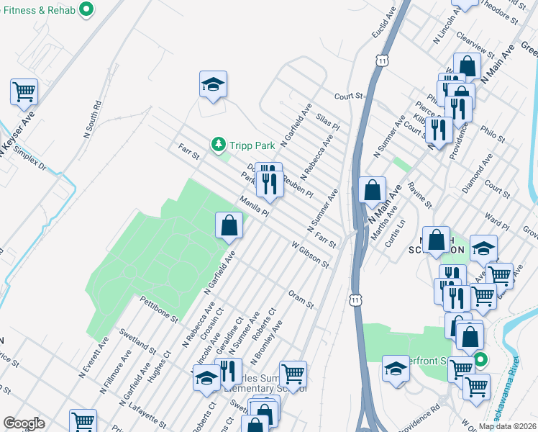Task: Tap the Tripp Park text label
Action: coord(249,145)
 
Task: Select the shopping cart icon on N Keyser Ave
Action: coord(24,91)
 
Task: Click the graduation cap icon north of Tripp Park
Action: coord(213,85)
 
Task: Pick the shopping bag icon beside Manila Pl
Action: coord(229,225)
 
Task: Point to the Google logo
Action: coord(24,423)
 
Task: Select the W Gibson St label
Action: coord(310,255)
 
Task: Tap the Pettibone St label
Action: coord(159,308)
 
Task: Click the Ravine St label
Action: coord(419,194)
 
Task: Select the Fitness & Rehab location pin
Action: coord(86,10)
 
